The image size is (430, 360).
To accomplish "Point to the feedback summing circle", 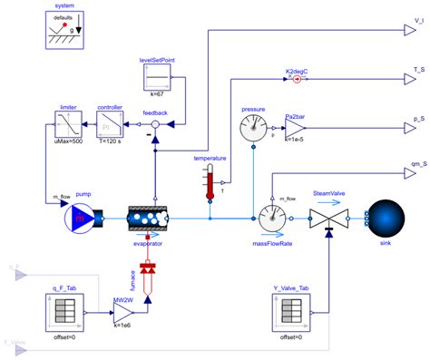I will (154, 125).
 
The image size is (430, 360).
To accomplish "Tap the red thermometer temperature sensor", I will (210, 182).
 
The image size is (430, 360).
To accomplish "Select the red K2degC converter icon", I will (295, 79).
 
